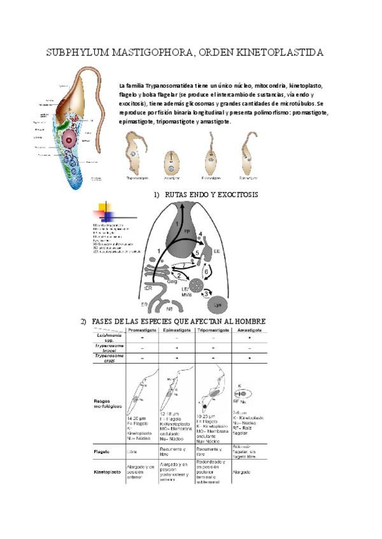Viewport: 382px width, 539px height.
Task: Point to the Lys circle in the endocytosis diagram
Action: click(219, 305)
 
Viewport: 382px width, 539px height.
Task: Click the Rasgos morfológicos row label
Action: click(106, 403)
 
